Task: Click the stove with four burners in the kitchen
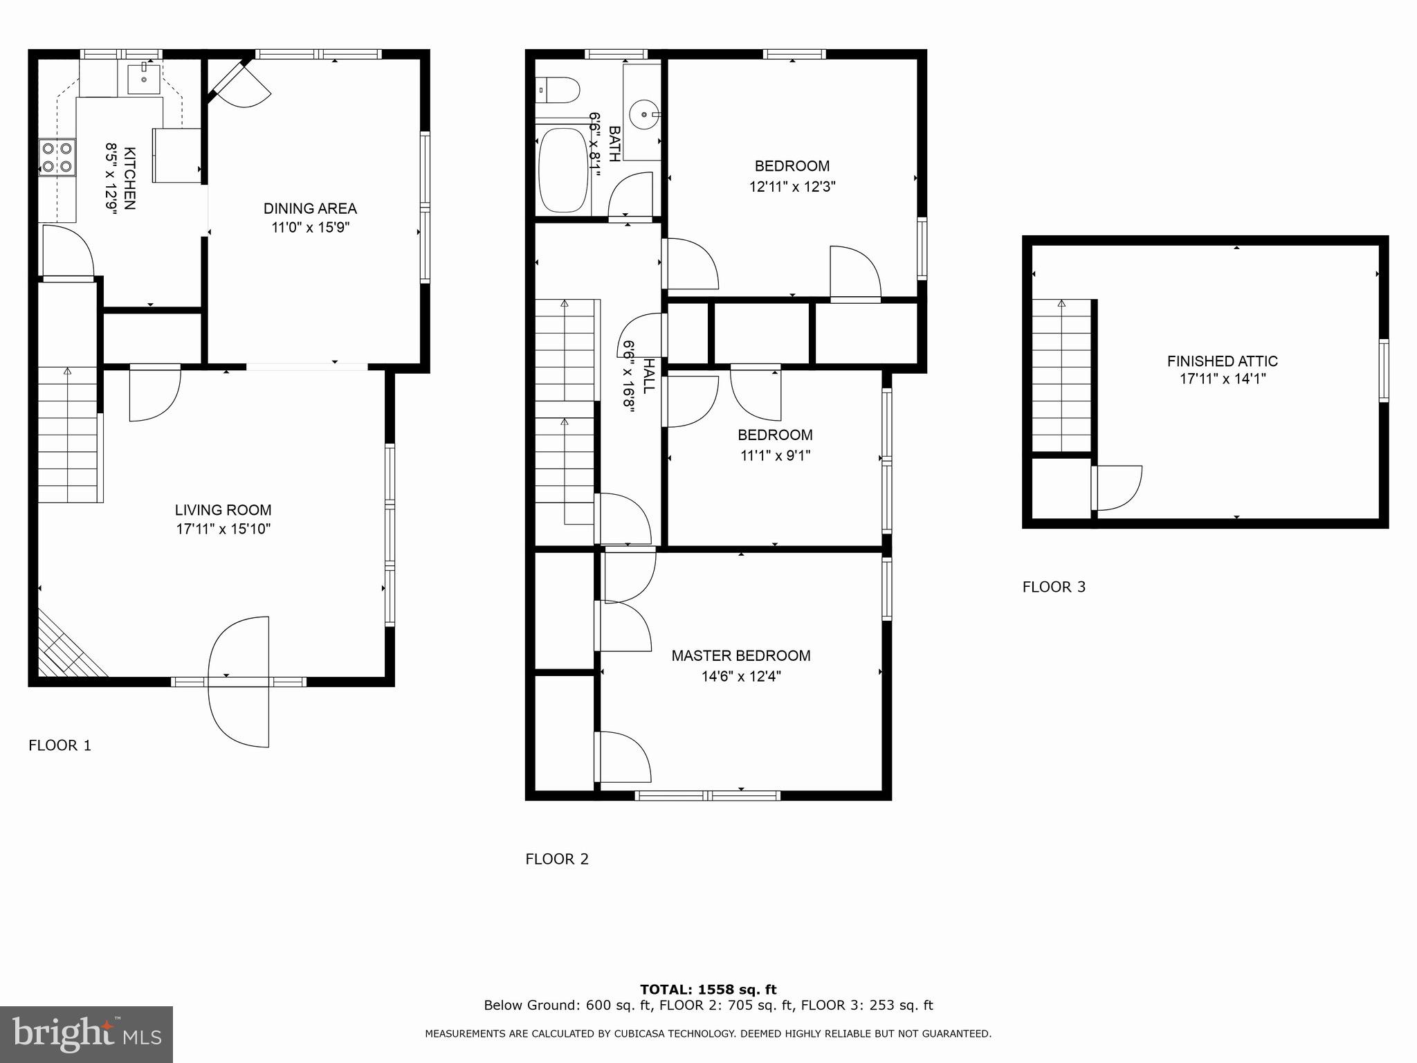tap(57, 156)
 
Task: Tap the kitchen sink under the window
tap(144, 79)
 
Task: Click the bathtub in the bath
tap(563, 170)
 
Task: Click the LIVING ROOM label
tap(223, 510)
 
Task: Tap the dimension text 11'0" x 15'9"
tap(311, 228)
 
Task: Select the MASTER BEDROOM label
tap(740, 655)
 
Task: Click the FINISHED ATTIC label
tap(1222, 361)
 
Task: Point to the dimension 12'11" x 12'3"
tap(792, 186)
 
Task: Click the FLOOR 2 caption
tap(556, 859)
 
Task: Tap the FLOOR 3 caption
tap(1054, 587)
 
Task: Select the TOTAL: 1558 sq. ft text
tap(708, 989)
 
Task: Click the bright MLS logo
tap(86, 1034)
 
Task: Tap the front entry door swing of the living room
tap(239, 682)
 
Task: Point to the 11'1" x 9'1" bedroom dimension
tap(775, 455)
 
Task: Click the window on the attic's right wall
tap(1383, 370)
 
